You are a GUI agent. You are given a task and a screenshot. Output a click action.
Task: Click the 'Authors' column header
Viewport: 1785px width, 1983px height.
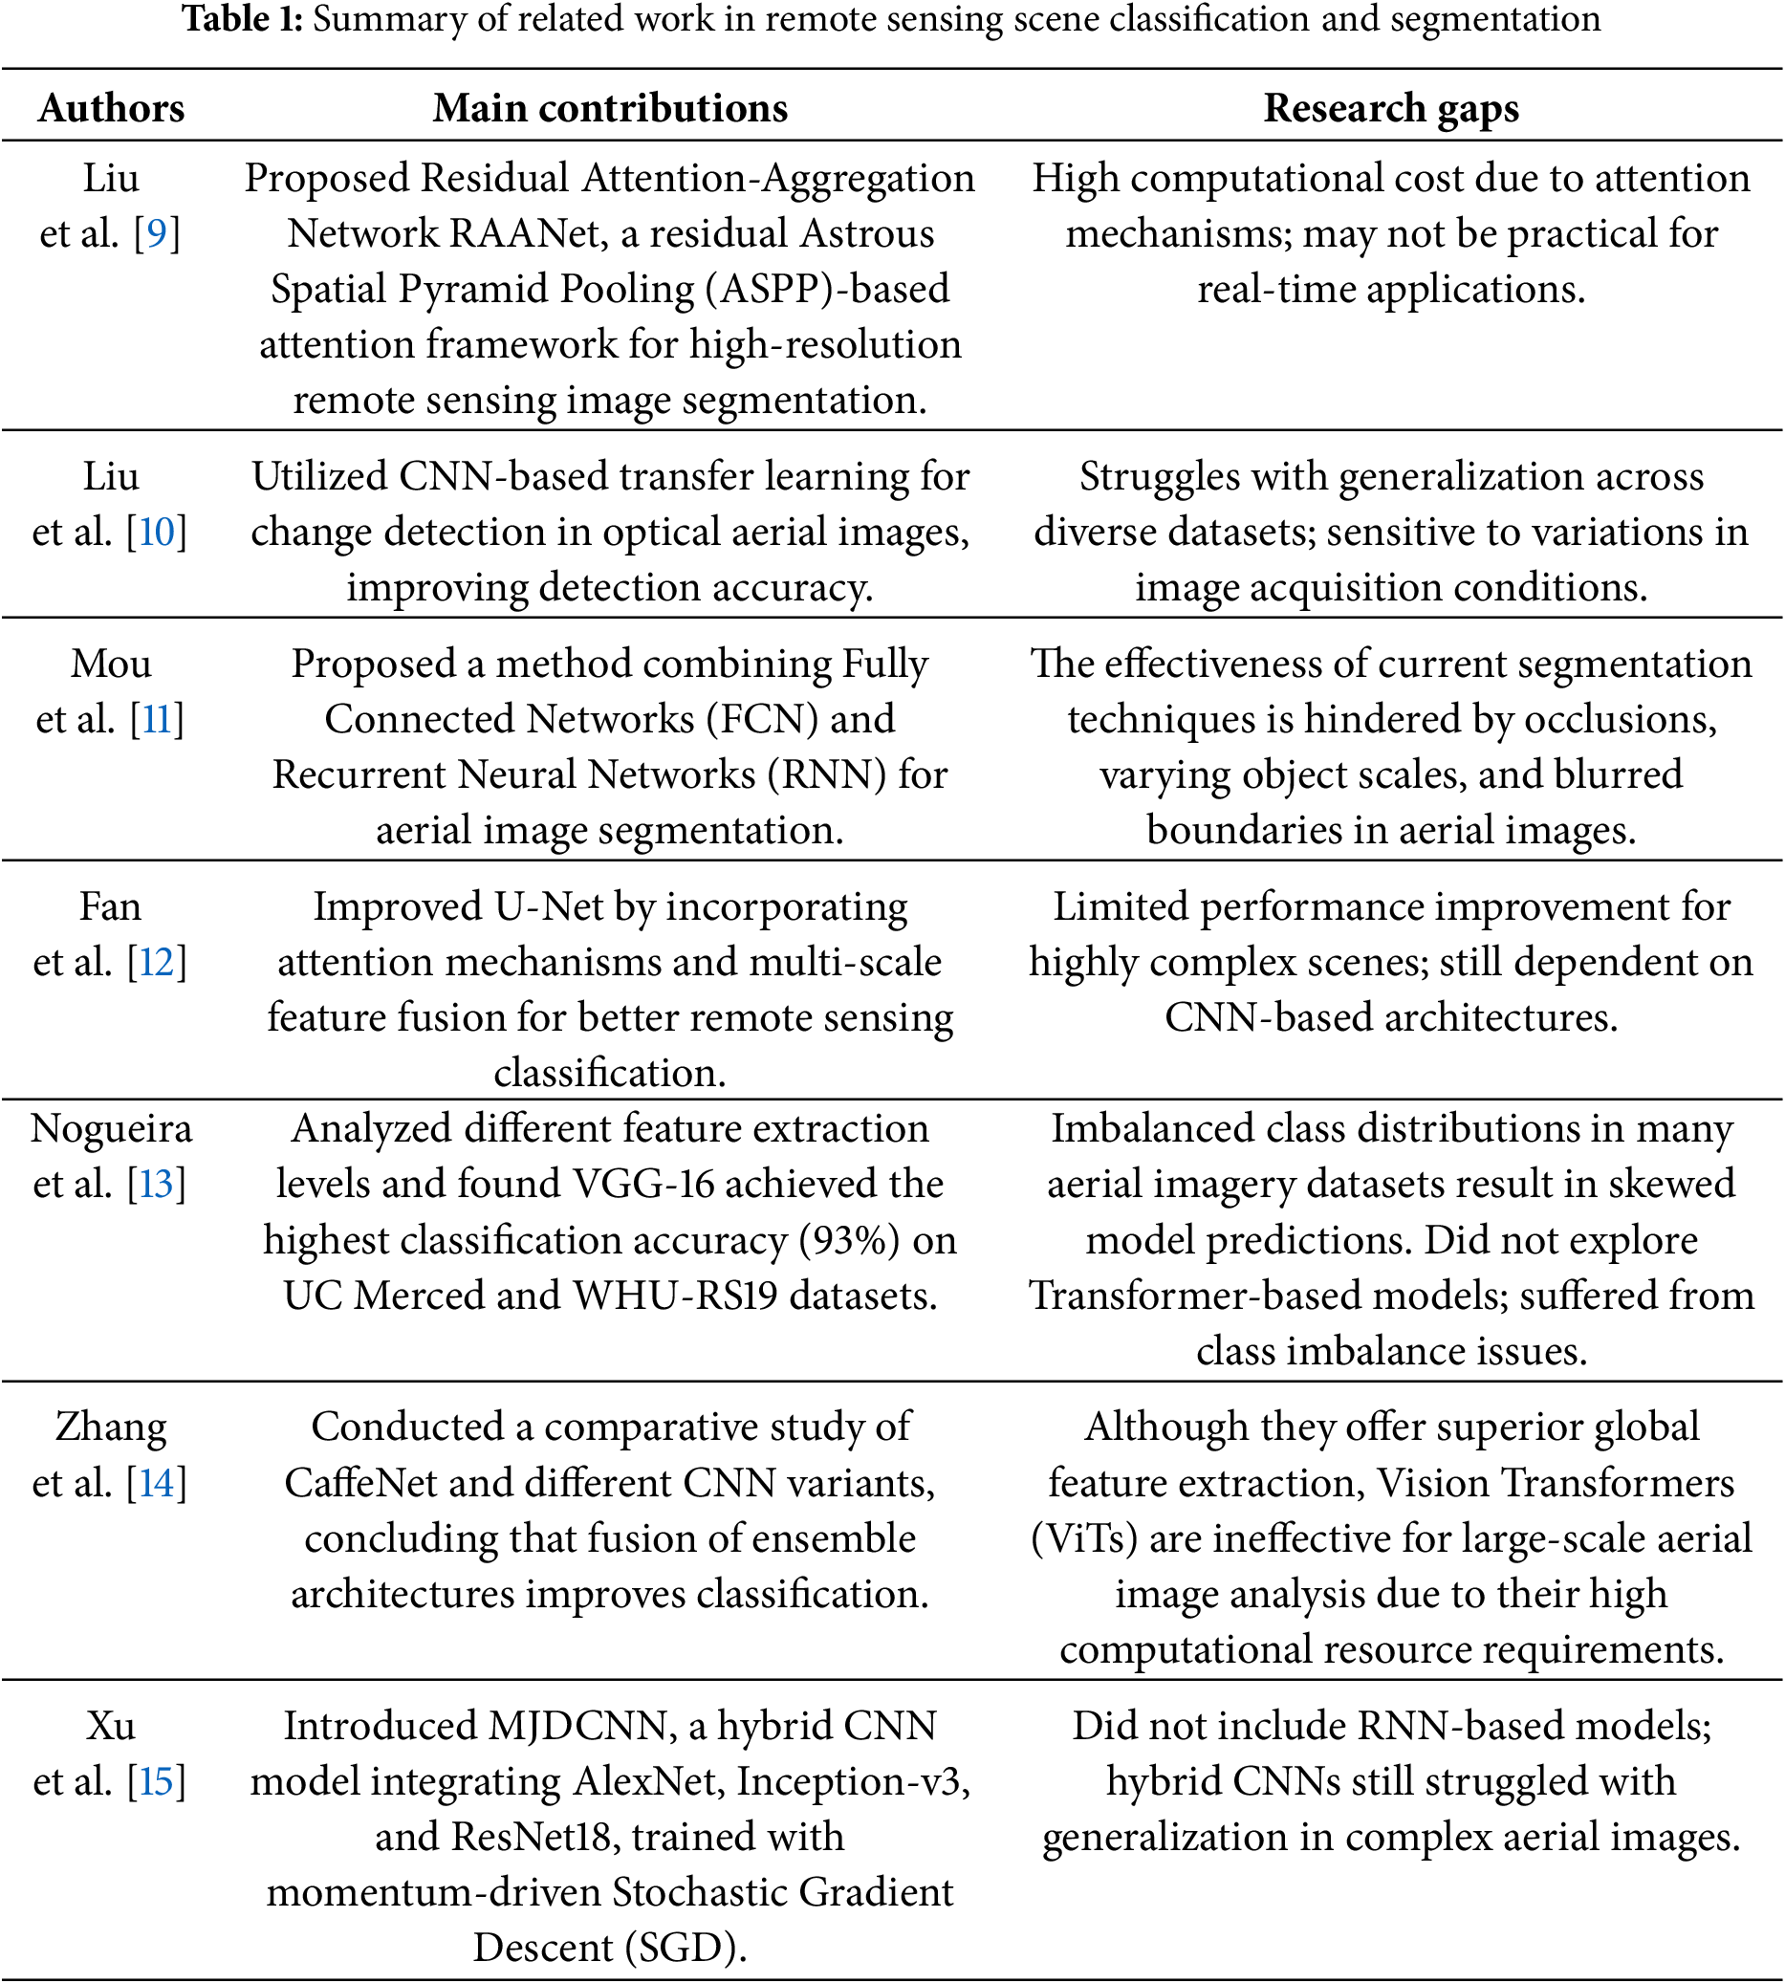[111, 108]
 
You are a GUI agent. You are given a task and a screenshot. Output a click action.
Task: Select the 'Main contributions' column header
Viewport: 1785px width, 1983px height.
[610, 108]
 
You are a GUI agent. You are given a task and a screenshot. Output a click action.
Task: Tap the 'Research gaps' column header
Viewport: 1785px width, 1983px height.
[1391, 108]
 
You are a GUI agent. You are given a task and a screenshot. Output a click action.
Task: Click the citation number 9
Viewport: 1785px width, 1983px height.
[157, 233]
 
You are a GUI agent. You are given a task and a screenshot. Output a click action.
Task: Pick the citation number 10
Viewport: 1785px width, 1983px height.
[157, 532]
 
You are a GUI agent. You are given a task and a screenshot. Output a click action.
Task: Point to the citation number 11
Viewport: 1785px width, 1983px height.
[157, 719]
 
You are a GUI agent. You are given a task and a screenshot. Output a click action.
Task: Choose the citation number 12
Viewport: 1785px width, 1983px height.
[157, 962]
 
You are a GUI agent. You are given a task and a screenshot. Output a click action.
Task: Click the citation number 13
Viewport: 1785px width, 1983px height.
[157, 1184]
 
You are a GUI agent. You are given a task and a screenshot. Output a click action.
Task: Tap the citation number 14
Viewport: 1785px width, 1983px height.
[157, 1483]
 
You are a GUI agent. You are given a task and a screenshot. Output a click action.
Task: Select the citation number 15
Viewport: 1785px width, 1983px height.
[157, 1781]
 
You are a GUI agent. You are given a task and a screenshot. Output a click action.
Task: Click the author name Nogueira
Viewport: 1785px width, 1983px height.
[111, 1129]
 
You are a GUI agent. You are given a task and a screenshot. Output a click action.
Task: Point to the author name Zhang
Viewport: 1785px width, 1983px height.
[111, 1427]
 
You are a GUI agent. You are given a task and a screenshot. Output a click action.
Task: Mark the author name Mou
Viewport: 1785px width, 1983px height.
[111, 664]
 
